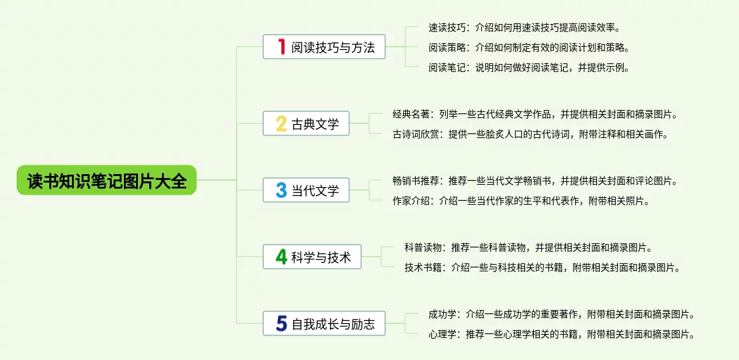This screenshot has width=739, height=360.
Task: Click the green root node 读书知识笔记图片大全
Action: pyautogui.click(x=107, y=180)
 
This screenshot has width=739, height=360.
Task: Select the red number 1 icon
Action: pyautogui.click(x=282, y=47)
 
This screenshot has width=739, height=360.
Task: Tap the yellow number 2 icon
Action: pyautogui.click(x=281, y=123)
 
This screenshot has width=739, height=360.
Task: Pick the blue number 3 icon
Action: pyautogui.click(x=281, y=190)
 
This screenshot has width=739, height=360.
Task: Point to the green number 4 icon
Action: pyautogui.click(x=281, y=257)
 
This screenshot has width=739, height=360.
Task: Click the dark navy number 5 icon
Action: pyautogui.click(x=281, y=323)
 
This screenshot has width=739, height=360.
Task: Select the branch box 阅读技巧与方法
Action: pyautogui.click(x=325, y=47)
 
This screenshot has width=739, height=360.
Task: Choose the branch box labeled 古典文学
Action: pyautogui.click(x=307, y=123)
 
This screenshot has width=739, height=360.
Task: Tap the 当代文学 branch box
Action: pyautogui.click(x=307, y=190)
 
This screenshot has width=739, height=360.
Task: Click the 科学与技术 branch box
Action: pyautogui.click(x=312, y=257)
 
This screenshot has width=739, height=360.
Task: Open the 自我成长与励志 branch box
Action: pyautogui.click(x=325, y=323)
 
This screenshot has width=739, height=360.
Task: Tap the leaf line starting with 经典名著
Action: pyautogui.click(x=537, y=114)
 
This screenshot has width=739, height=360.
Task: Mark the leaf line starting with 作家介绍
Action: pyautogui.click(x=521, y=201)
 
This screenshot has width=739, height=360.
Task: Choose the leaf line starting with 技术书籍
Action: pyautogui.click(x=542, y=267)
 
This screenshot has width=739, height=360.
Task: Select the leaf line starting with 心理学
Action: pyautogui.click(x=562, y=335)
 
